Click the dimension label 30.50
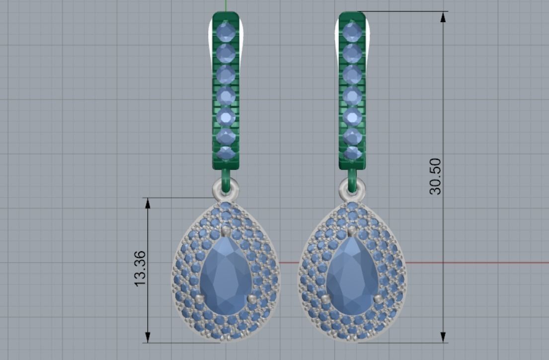point(435,176)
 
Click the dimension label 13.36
point(140,268)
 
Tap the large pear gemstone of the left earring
point(226,276)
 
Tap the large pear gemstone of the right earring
point(352,276)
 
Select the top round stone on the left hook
point(227,32)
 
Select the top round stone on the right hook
point(353,32)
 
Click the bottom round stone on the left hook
point(226,152)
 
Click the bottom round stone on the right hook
point(353,152)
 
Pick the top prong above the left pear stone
point(226,230)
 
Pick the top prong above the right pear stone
point(352,230)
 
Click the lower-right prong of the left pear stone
point(252,299)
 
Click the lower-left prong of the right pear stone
point(326,299)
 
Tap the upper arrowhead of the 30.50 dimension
point(443,17)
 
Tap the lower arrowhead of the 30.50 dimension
point(443,337)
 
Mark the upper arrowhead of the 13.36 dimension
point(148,203)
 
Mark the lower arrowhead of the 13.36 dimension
point(148,337)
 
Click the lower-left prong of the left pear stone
point(200,299)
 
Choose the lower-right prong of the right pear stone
point(379,299)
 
